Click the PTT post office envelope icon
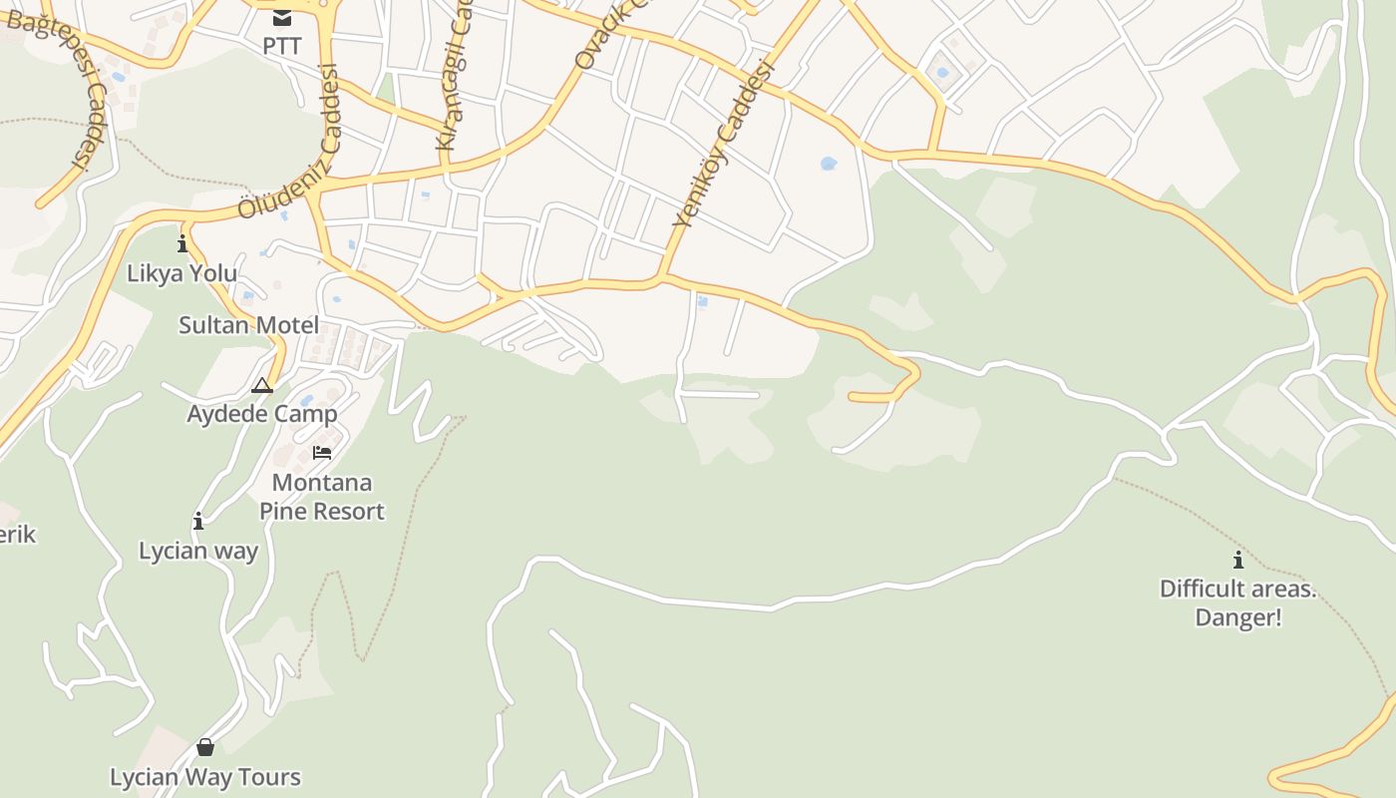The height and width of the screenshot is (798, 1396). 282,17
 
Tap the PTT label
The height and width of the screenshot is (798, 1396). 282,46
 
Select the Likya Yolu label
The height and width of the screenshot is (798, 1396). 182,273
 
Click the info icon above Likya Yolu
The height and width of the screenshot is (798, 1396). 182,244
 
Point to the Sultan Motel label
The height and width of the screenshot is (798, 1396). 249,325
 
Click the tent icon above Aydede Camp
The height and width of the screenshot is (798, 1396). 262,385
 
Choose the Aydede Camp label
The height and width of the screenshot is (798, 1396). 262,413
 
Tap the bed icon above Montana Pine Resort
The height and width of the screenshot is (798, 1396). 322,453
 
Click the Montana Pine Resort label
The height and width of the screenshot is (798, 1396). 322,497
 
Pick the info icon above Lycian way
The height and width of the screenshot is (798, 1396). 198,521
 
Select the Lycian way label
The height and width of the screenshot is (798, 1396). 198,551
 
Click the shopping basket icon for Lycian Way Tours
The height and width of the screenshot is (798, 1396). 205,747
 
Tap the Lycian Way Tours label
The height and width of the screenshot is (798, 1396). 205,777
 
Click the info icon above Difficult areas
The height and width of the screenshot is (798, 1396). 1238,560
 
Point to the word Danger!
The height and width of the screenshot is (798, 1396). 1238,617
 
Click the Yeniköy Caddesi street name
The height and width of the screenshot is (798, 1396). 724,145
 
